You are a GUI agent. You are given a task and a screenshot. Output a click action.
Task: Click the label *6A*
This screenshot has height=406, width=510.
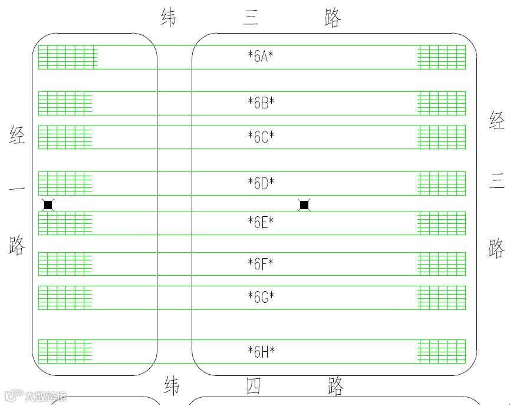click(261, 57)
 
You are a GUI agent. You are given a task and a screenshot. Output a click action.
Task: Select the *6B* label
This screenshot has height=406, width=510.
click(261, 103)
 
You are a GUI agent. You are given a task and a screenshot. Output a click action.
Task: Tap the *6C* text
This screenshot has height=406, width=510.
click(261, 137)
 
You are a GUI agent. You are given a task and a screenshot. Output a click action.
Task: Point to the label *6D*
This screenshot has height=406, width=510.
click(261, 183)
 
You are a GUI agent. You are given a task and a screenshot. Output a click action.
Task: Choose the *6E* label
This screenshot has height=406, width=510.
click(261, 223)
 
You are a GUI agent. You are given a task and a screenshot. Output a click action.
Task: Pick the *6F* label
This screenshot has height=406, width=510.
click(261, 263)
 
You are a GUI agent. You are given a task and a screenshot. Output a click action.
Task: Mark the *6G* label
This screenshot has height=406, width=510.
click(261, 296)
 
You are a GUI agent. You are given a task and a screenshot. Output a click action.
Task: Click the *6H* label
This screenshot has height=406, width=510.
click(261, 352)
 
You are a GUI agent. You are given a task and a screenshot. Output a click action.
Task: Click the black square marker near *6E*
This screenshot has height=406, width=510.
click(304, 205)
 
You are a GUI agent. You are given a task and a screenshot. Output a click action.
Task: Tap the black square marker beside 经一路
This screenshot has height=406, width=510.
click(48, 205)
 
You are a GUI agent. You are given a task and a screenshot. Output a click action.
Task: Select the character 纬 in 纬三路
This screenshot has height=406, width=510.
click(169, 17)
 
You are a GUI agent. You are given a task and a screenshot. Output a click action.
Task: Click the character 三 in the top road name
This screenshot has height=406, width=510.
click(251, 18)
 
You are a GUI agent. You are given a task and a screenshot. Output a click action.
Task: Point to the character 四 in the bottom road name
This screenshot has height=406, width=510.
click(253, 387)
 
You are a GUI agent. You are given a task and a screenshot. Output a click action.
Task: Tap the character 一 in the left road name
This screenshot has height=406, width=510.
click(17, 189)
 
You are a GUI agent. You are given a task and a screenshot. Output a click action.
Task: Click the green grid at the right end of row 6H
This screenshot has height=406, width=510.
click(442, 351)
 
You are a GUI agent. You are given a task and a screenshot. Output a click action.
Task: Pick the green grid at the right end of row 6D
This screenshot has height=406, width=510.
click(442, 183)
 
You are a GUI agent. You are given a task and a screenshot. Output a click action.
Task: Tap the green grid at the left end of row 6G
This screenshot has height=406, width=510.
click(65, 298)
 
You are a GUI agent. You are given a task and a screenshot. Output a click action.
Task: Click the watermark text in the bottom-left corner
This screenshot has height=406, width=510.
click(35, 397)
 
